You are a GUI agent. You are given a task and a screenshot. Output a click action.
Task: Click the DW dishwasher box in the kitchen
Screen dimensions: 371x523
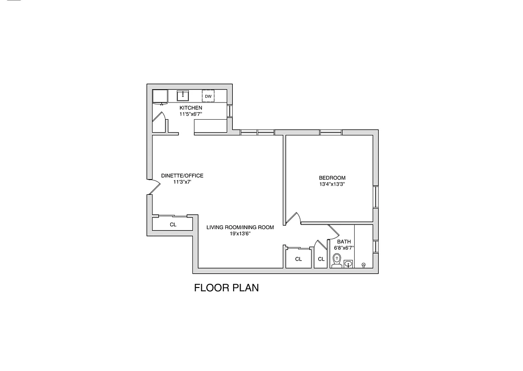(x=208, y=96)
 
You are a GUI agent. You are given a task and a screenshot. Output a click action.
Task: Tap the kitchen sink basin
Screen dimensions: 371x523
(x=183, y=96)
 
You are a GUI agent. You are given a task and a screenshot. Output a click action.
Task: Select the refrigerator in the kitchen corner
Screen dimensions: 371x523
(x=160, y=96)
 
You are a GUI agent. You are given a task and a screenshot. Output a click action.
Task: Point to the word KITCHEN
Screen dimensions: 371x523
(x=191, y=108)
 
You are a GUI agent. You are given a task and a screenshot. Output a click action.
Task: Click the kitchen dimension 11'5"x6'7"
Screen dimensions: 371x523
(x=191, y=114)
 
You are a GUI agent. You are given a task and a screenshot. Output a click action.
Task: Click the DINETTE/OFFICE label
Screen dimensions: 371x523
(x=182, y=176)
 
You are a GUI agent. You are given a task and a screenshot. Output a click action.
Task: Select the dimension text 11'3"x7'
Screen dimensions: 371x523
(x=182, y=182)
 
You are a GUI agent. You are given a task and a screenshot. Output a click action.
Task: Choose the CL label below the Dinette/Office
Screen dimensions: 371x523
(x=173, y=224)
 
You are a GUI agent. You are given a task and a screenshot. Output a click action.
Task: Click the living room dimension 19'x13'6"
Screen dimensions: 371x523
(x=240, y=234)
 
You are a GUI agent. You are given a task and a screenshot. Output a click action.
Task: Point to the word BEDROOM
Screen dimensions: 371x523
(x=332, y=178)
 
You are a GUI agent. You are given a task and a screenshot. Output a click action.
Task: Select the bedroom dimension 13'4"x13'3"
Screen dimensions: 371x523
(x=332, y=184)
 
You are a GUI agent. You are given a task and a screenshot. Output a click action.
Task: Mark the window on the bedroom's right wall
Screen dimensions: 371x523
(x=376, y=197)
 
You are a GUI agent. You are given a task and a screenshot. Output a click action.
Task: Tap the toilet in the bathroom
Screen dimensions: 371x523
(x=337, y=262)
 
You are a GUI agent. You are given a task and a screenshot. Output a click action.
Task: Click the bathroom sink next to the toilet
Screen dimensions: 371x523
(x=348, y=263)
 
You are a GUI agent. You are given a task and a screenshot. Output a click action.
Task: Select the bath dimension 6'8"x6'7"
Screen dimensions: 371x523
(x=344, y=248)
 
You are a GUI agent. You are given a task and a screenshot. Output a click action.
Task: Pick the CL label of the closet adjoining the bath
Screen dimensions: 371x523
(x=321, y=259)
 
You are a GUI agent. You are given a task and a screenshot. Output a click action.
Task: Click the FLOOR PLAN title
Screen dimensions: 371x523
(x=226, y=288)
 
